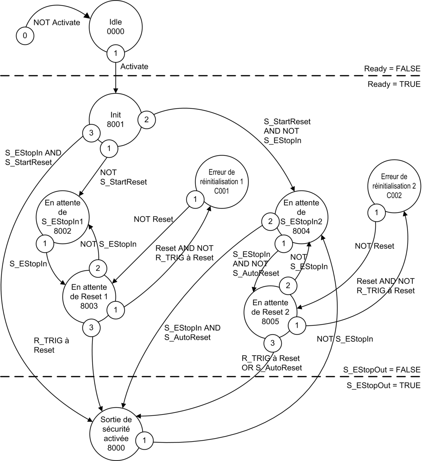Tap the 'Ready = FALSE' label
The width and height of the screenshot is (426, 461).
(x=392, y=69)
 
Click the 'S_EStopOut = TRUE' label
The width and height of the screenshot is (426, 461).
(x=384, y=386)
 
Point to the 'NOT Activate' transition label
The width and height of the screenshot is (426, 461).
(x=57, y=23)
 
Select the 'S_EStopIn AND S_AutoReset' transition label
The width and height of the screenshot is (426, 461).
(x=192, y=332)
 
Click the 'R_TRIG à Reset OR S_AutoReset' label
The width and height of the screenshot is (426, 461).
(x=272, y=363)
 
